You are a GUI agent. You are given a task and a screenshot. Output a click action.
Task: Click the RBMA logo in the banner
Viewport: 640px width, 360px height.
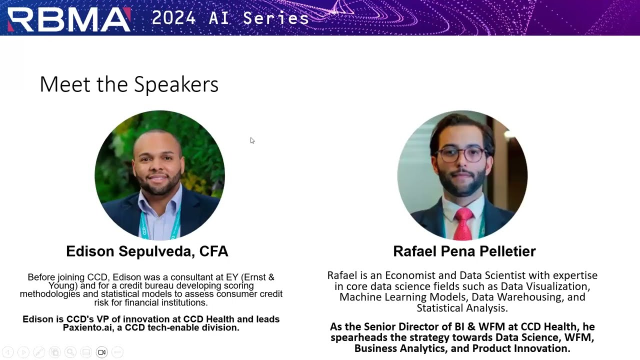pos(68,19)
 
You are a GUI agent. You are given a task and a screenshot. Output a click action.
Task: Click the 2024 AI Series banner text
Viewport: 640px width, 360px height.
pos(230,18)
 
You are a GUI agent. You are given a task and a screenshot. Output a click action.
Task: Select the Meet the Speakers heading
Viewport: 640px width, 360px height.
pos(129,84)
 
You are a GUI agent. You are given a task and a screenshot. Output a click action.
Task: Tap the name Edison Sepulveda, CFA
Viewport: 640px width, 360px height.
pos(147,251)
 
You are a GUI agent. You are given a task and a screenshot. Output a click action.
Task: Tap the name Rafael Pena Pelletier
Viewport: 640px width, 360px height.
pos(464,251)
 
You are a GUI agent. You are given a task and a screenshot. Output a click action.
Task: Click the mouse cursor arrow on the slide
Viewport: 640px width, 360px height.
pos(252,140)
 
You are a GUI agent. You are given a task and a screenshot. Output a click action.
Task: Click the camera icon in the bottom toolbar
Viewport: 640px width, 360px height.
pos(102,352)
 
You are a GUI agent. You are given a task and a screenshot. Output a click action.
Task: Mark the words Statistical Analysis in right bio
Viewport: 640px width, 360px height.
pos(462,308)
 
